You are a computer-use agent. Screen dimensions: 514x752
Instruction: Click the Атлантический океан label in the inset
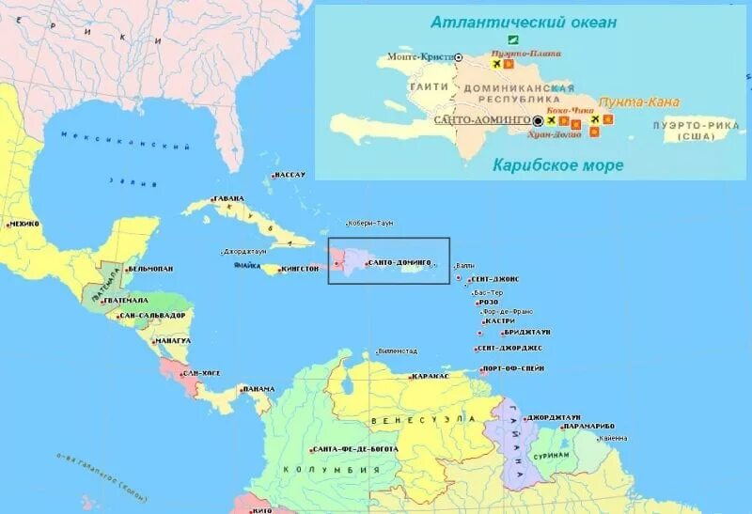(x=524, y=22)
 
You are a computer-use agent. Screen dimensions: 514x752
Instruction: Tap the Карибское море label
(x=558, y=165)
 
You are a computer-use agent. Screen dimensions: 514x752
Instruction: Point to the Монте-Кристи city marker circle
(x=459, y=57)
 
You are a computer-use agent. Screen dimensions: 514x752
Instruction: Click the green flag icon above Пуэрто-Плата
(x=513, y=40)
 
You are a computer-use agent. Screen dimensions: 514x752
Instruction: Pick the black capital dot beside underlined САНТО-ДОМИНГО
(x=538, y=120)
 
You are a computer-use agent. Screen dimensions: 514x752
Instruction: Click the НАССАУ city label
(x=290, y=175)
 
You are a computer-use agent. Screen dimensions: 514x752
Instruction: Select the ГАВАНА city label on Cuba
(x=228, y=198)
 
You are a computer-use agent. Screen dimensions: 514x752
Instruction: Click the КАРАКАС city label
(x=431, y=376)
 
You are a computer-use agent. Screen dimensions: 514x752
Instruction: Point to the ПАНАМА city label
(x=258, y=389)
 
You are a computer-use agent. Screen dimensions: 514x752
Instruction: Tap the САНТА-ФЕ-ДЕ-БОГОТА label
(x=356, y=449)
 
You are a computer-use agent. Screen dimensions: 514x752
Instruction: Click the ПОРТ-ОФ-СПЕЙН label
(x=514, y=368)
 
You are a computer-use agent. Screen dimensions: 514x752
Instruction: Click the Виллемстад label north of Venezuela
(x=397, y=351)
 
